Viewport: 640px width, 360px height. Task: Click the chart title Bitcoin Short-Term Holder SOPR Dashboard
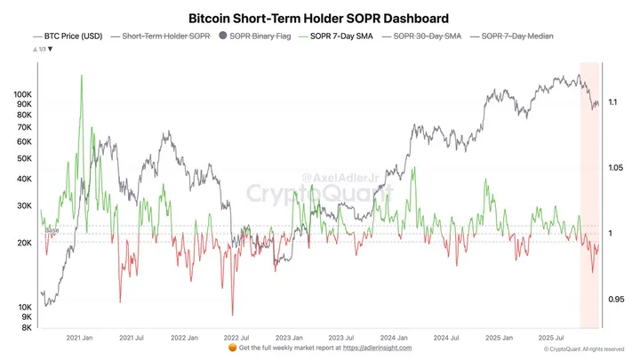pyautogui.click(x=318, y=18)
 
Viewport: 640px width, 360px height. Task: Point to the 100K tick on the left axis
pyautogui.click(x=23, y=93)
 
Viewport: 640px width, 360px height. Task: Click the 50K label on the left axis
pyautogui.click(x=25, y=158)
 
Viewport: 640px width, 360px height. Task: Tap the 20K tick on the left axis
pyautogui.click(x=25, y=244)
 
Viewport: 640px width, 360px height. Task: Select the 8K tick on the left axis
pyautogui.click(x=27, y=328)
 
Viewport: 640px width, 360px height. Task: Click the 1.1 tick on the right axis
pyautogui.click(x=613, y=103)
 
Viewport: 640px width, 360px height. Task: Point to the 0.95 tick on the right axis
pyautogui.click(x=616, y=300)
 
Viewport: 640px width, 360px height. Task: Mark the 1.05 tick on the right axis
pyautogui.click(x=616, y=168)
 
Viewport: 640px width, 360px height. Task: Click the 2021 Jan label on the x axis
pyautogui.click(x=81, y=338)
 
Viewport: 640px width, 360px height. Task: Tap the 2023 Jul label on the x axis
pyautogui.click(x=341, y=338)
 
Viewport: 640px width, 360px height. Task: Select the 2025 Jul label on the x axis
pyautogui.click(x=552, y=338)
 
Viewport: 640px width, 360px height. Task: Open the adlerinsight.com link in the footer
pyautogui.click(x=375, y=348)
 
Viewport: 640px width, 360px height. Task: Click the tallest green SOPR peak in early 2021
pyautogui.click(x=82, y=76)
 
